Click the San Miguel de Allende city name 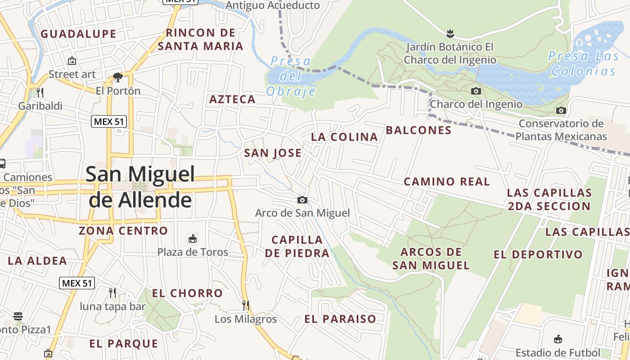pyautogui.click(x=140, y=187)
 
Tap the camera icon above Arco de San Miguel pyautogui.click(x=302, y=200)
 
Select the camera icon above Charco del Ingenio pyautogui.click(x=476, y=91)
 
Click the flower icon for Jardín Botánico pyautogui.click(x=449, y=33)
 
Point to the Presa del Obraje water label pyautogui.click(x=291, y=76)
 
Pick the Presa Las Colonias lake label pyautogui.click(x=583, y=63)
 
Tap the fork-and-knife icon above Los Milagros pyautogui.click(x=246, y=306)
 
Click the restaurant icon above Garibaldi pyautogui.click(x=40, y=93)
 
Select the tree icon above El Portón pyautogui.click(x=118, y=77)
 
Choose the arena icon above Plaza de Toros pyautogui.click(x=193, y=238)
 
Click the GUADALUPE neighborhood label pyautogui.click(x=79, y=34)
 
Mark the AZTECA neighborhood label pyautogui.click(x=232, y=99)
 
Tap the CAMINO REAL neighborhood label pyautogui.click(x=446, y=181)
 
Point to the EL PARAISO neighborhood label pyautogui.click(x=340, y=319)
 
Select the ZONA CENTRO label pyautogui.click(x=123, y=231)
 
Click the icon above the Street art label pyautogui.click(x=72, y=61)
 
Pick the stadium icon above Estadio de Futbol pyautogui.click(x=558, y=339)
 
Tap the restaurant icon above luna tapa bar pyautogui.click(x=112, y=293)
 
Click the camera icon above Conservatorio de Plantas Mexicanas pyautogui.click(x=561, y=110)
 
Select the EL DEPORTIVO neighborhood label pyautogui.click(x=538, y=254)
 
